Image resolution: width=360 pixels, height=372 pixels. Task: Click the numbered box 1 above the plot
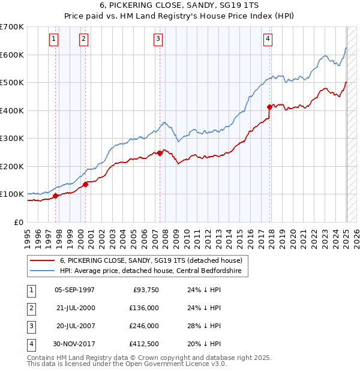coord(53,40)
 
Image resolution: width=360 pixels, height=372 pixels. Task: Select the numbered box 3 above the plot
coord(158,40)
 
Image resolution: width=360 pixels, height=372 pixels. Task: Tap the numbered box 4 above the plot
coord(268,40)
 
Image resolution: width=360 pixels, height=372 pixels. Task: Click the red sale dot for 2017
coord(269,107)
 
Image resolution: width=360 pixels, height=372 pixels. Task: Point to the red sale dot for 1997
coord(55,196)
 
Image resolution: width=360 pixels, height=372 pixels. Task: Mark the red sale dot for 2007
coord(160,153)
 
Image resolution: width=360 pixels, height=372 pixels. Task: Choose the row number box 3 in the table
coord(30,326)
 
